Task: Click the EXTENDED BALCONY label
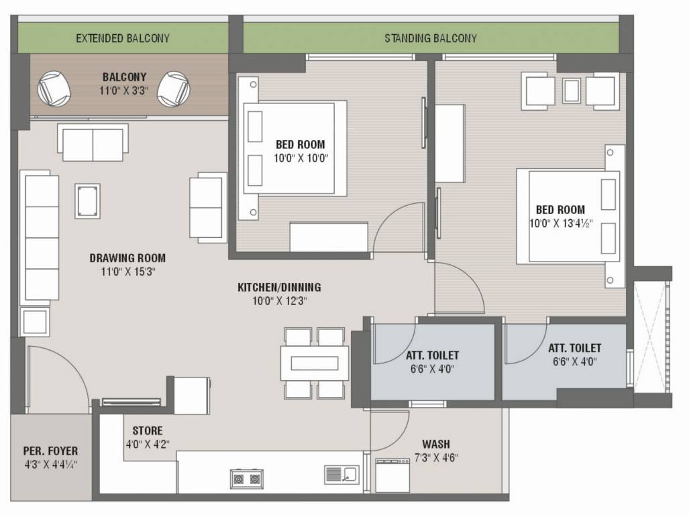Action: coord(122,38)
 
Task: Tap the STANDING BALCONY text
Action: coord(430,38)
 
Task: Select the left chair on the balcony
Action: coord(52,88)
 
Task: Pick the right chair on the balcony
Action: coord(173,88)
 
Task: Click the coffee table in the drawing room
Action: coord(87,201)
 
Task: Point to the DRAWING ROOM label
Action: coord(127,257)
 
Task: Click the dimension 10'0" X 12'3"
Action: coord(279,300)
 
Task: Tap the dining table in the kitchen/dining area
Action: coord(314,363)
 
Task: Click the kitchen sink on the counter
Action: coord(341,475)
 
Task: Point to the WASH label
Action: coord(435,444)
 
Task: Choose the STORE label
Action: coord(147,431)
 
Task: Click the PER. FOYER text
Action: coord(50,451)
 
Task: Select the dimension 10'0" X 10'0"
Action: coord(300,158)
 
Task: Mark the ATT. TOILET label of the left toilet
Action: coord(432,355)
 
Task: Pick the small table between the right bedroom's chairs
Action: coord(571,91)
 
